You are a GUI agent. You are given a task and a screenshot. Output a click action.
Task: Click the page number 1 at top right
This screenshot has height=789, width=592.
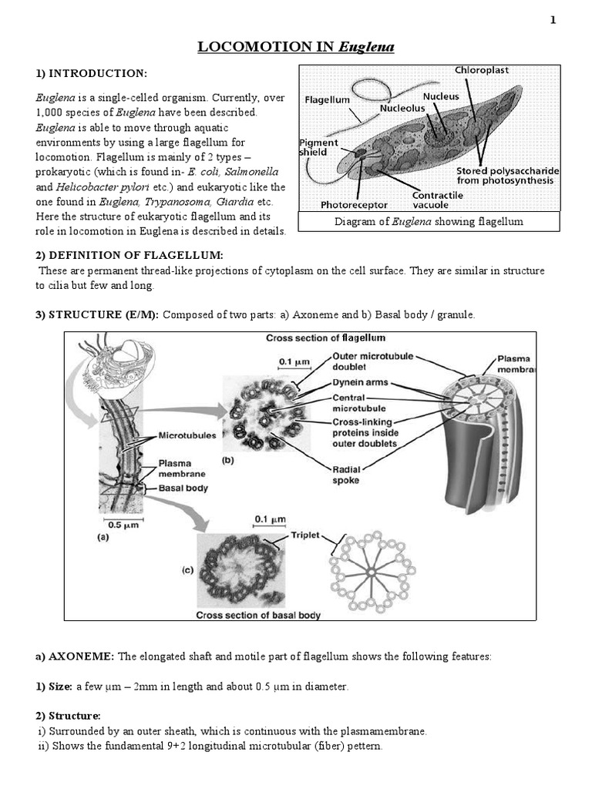[552, 20]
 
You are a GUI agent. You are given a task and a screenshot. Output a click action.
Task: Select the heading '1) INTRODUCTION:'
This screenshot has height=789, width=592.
[89, 73]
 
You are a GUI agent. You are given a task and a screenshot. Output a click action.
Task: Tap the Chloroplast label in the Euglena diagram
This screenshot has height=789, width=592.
[482, 70]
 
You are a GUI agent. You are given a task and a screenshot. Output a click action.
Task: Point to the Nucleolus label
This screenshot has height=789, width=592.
[402, 109]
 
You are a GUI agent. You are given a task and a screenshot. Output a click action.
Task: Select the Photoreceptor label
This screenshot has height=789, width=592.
[354, 205]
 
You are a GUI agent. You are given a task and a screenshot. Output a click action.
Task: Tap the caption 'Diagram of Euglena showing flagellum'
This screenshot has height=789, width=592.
[429, 222]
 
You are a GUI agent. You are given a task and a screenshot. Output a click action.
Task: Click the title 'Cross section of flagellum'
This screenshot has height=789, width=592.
[325, 337]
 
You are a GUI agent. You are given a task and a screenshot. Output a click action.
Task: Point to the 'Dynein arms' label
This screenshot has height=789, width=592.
[361, 383]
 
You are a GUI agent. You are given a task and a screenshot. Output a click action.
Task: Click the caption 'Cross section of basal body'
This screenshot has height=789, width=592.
[258, 615]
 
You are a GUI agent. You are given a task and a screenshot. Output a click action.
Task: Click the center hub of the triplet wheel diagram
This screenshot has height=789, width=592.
[372, 572]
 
